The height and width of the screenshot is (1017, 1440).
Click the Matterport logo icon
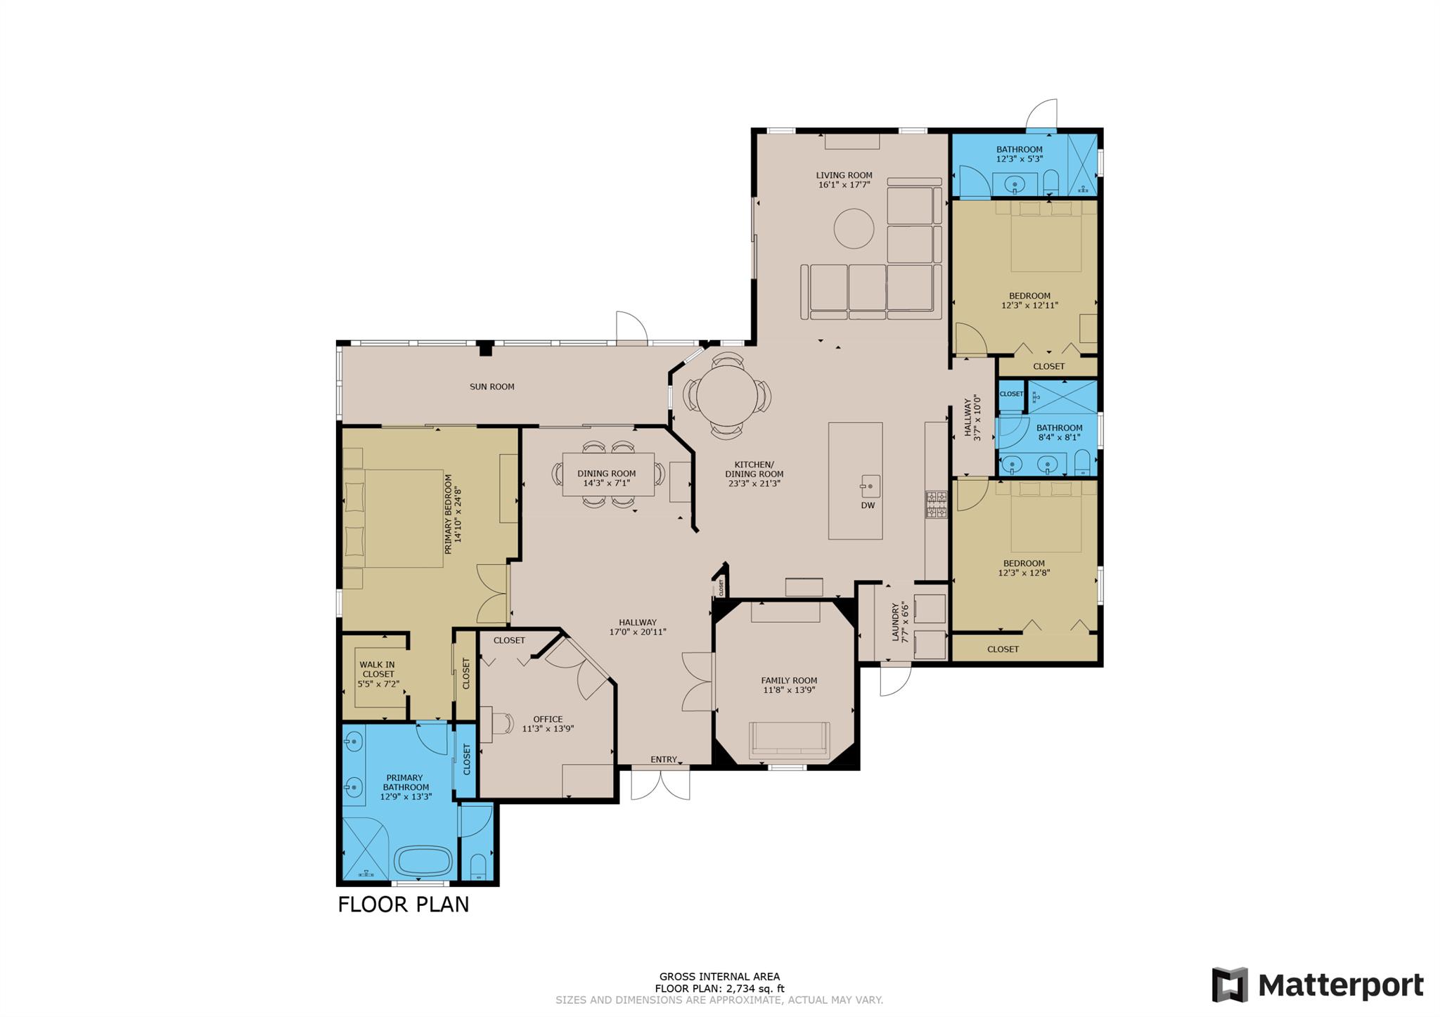tap(1230, 984)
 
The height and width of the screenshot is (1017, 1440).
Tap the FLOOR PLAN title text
tap(403, 904)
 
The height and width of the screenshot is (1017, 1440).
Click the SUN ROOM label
tap(492, 387)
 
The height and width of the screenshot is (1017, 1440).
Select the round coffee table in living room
tap(854, 228)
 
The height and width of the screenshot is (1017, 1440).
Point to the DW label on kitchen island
tap(868, 505)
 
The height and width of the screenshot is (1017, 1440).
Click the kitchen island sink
tap(870, 486)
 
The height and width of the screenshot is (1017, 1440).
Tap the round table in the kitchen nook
tap(727, 396)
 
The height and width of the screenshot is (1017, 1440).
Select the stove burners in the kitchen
tap(936, 504)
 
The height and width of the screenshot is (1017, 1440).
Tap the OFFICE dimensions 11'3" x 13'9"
tap(548, 729)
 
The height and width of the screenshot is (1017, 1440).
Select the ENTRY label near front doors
tap(664, 760)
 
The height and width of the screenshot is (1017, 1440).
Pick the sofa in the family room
tap(790, 741)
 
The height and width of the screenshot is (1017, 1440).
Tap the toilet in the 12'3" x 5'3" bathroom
tap(1051, 182)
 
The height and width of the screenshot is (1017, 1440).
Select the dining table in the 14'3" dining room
tap(608, 474)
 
